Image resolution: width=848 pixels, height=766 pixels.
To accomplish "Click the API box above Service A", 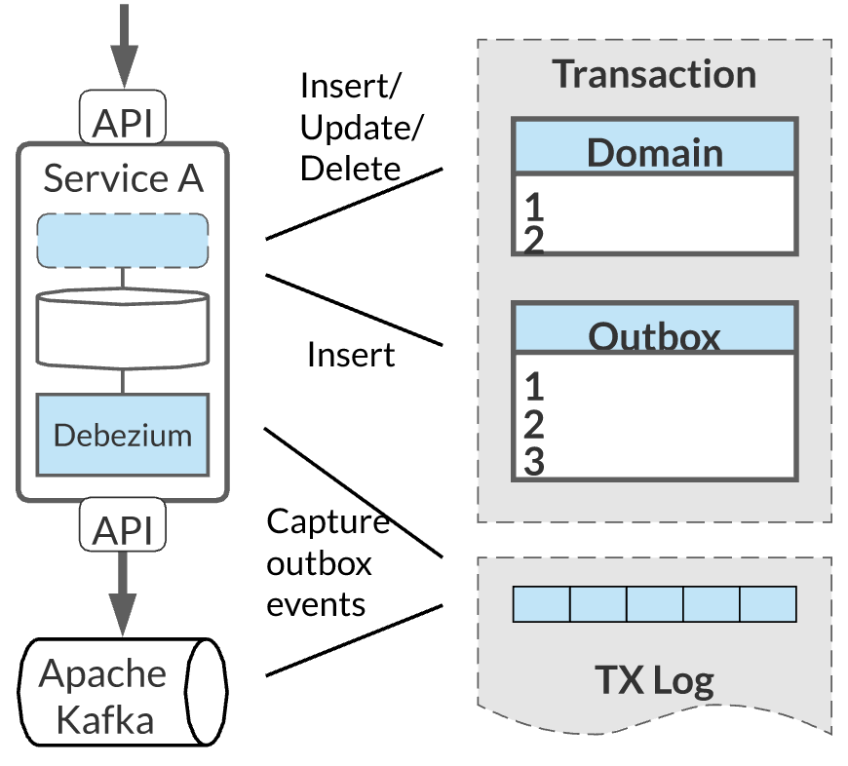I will click(x=122, y=123).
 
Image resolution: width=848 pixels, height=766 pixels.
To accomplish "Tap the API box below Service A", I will click(x=122, y=530).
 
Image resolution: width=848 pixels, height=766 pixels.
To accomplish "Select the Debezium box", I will click(x=123, y=435).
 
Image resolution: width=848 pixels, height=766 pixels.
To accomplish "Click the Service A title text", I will click(x=123, y=178).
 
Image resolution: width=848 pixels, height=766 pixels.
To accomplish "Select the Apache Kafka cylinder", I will click(x=123, y=695).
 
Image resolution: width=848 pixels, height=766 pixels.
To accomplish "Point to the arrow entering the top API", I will click(x=123, y=44).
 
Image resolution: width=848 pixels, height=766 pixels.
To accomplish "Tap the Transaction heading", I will click(x=654, y=75).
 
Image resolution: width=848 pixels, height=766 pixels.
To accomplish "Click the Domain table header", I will click(x=654, y=152).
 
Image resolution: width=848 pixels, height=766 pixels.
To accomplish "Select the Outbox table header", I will click(x=654, y=335).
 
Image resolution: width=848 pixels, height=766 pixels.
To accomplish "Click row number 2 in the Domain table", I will click(x=533, y=240).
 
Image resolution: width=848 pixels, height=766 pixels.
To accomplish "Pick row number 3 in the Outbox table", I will click(x=533, y=462).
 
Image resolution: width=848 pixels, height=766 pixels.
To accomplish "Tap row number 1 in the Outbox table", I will click(x=533, y=386).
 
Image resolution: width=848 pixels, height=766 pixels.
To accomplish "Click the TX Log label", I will click(x=654, y=679).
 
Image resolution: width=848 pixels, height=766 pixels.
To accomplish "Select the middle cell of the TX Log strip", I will click(x=654, y=603).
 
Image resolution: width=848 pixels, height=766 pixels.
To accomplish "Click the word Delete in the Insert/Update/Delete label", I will click(x=350, y=168).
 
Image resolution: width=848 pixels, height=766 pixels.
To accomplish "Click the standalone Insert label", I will click(x=351, y=355).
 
